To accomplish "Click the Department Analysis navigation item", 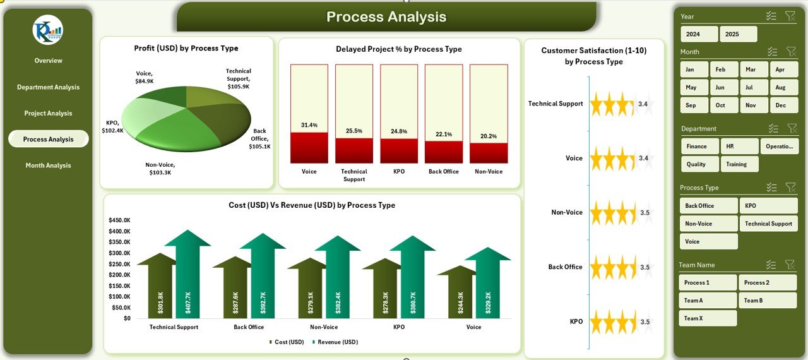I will click(48, 87).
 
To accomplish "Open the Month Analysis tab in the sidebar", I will click(48, 165).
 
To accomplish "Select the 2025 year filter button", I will click(738, 34).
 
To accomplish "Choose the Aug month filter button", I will click(780, 88).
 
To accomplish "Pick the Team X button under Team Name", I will click(708, 318).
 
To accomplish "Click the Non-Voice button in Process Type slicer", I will click(708, 224).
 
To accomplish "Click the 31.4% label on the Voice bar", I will click(309, 125).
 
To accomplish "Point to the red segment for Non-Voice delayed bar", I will click(489, 153).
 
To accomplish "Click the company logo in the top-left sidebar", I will click(48, 30).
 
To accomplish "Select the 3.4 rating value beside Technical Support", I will click(643, 104).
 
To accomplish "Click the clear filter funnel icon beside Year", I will click(790, 16).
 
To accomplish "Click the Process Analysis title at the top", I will click(386, 17).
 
